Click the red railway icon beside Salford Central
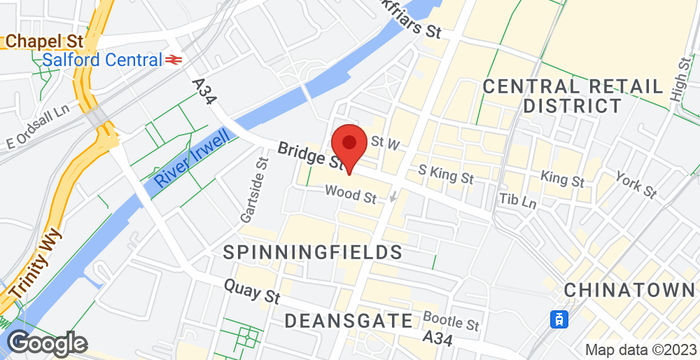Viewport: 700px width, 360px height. [x=173, y=60]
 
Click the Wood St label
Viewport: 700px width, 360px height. [x=349, y=197]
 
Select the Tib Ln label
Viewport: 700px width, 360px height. [x=520, y=201]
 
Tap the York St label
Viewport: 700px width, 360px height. [x=635, y=185]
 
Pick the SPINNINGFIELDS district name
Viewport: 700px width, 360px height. [x=312, y=251]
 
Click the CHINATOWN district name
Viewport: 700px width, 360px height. [x=630, y=289]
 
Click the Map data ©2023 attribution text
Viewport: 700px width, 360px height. [x=640, y=349]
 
